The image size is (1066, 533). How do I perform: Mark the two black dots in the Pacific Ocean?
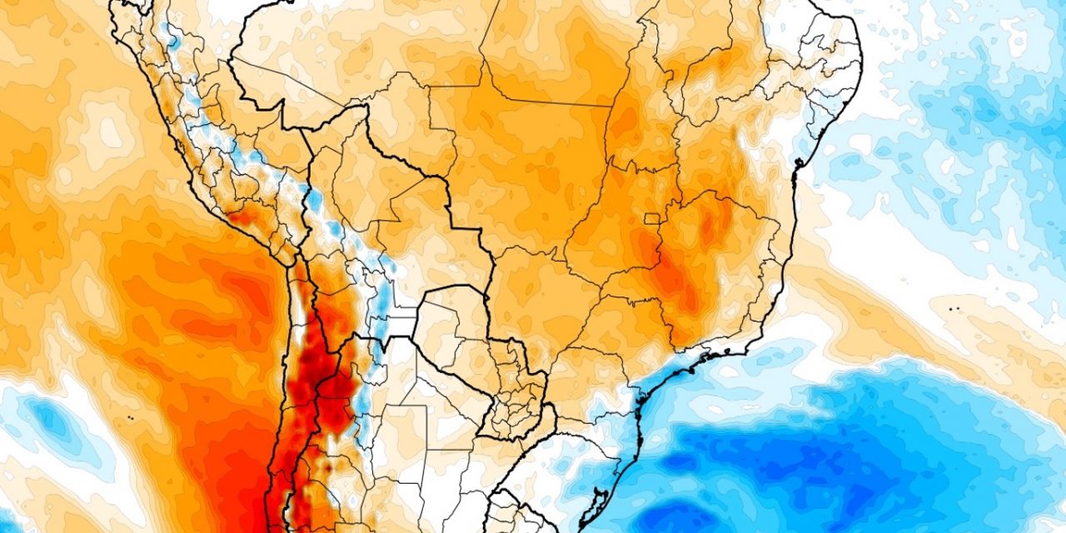coord(131,415)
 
